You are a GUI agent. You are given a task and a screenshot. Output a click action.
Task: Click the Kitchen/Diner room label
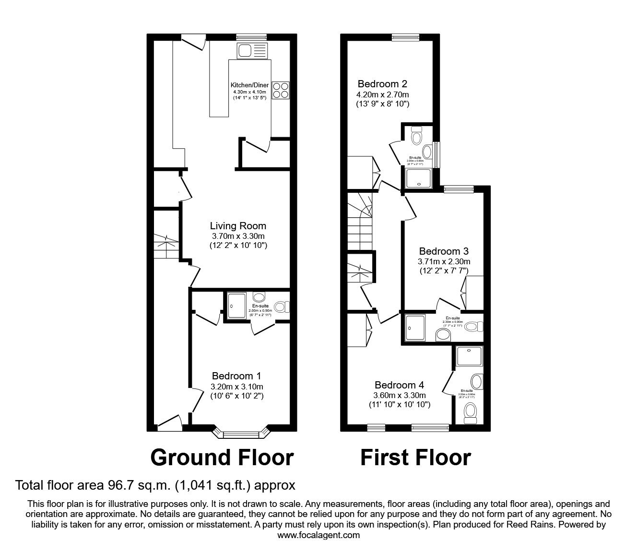[x=249, y=85]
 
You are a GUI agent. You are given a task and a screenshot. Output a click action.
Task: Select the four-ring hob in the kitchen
[x=281, y=90]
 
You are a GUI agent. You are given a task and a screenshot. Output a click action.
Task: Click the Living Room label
[x=238, y=226]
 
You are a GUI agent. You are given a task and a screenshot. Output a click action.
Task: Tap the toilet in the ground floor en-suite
[x=282, y=306]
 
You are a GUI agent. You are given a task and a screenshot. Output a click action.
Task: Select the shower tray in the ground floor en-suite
[x=236, y=305]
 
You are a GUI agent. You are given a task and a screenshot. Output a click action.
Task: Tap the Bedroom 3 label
[x=444, y=251]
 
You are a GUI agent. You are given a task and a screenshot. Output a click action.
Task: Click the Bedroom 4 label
[x=399, y=385]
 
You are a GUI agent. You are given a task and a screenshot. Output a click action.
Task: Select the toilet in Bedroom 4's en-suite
[x=470, y=411]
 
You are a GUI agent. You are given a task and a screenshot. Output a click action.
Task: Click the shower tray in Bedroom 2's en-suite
[x=419, y=178]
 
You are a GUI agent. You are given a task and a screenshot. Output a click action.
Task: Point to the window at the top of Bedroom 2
[x=405, y=37]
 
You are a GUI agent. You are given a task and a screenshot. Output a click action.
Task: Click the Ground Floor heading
[x=222, y=458]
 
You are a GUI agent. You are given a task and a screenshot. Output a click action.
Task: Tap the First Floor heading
[x=415, y=458]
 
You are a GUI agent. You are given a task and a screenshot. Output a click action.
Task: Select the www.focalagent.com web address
[x=318, y=535]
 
